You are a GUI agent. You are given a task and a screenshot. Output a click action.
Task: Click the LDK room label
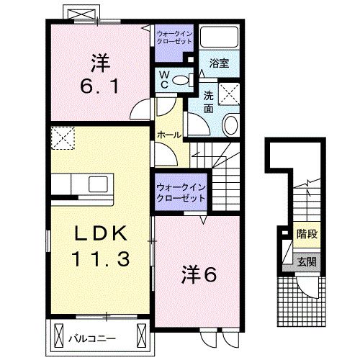click(x=101, y=233)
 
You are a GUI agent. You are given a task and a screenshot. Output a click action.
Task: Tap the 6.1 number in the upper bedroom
click(x=99, y=87)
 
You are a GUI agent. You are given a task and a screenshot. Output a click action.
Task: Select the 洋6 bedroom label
click(x=199, y=275)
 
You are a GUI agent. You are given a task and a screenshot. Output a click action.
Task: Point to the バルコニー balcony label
click(x=92, y=338)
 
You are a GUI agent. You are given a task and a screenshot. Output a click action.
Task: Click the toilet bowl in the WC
click(x=181, y=80)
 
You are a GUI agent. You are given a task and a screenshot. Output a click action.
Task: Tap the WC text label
click(x=164, y=80)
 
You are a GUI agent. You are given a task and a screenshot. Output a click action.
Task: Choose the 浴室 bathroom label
click(x=219, y=63)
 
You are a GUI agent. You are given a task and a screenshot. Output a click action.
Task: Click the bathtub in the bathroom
click(x=220, y=37)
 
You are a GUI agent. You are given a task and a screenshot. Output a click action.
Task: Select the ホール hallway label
click(x=169, y=135)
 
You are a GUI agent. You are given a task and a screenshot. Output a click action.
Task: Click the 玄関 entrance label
click(x=307, y=261)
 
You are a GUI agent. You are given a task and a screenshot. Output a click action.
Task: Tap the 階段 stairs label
click(x=307, y=233)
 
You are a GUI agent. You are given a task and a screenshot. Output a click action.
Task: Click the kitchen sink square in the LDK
click(x=98, y=184)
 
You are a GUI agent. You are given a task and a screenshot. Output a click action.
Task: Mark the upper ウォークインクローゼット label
click(x=174, y=37)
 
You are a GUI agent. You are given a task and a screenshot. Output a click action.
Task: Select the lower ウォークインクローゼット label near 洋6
click(x=181, y=193)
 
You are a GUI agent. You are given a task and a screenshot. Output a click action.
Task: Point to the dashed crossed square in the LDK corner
click(x=63, y=138)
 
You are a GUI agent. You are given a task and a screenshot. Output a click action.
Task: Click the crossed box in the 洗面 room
click(x=229, y=94)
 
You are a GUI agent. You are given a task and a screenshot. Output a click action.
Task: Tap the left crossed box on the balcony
click(x=58, y=336)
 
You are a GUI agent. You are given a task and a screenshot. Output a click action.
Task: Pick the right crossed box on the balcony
click(x=141, y=336)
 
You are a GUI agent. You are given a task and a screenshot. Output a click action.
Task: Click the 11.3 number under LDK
click(x=101, y=258)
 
